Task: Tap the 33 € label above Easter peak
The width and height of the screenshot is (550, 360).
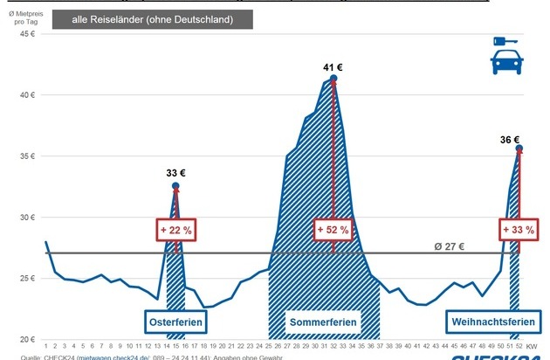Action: point(176,172)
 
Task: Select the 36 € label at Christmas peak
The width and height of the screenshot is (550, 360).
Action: point(511,139)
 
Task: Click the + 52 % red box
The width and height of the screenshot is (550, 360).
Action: point(333,230)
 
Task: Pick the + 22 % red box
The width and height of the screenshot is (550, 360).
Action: point(175,230)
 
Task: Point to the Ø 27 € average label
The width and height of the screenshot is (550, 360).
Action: point(450,246)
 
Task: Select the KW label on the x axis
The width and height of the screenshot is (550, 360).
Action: point(532,347)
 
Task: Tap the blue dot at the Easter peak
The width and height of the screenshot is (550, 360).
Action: point(175,185)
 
